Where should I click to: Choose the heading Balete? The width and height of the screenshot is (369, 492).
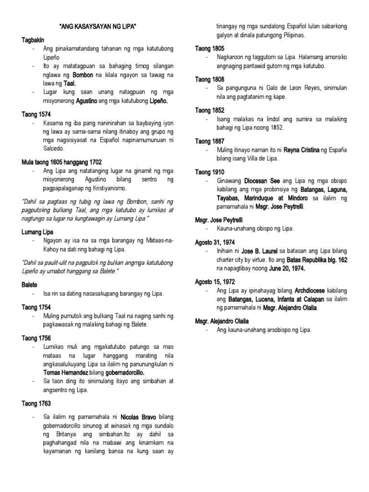29,285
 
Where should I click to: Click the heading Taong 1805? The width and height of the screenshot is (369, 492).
210,49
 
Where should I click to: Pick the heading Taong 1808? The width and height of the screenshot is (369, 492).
210,79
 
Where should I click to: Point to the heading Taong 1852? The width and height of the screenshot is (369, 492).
210,111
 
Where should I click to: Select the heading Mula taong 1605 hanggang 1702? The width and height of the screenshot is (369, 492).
61,162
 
